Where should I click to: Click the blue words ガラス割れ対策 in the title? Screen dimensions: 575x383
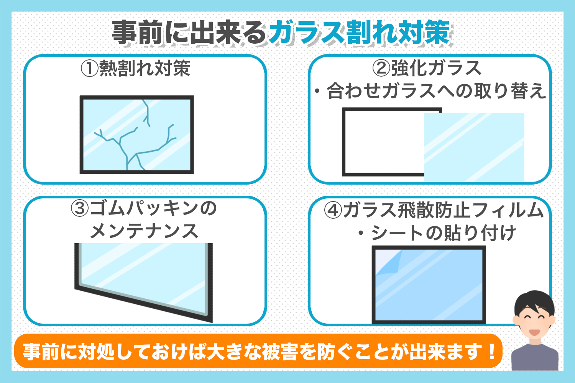360,33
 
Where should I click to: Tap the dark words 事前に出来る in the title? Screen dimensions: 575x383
189,33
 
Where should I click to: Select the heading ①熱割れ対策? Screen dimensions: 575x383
136,68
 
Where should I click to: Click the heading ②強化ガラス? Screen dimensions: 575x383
427,68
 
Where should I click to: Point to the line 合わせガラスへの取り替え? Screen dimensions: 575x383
436,91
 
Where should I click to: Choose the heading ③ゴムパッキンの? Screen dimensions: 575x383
144,208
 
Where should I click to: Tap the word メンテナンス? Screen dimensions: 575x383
144,231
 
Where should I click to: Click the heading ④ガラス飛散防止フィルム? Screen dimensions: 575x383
434,210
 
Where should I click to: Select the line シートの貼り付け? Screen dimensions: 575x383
443,233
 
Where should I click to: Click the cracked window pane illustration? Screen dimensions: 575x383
136,135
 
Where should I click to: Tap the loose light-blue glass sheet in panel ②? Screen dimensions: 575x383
474,147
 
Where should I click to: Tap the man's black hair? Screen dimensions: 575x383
534,301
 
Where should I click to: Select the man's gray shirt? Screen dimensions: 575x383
535,358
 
